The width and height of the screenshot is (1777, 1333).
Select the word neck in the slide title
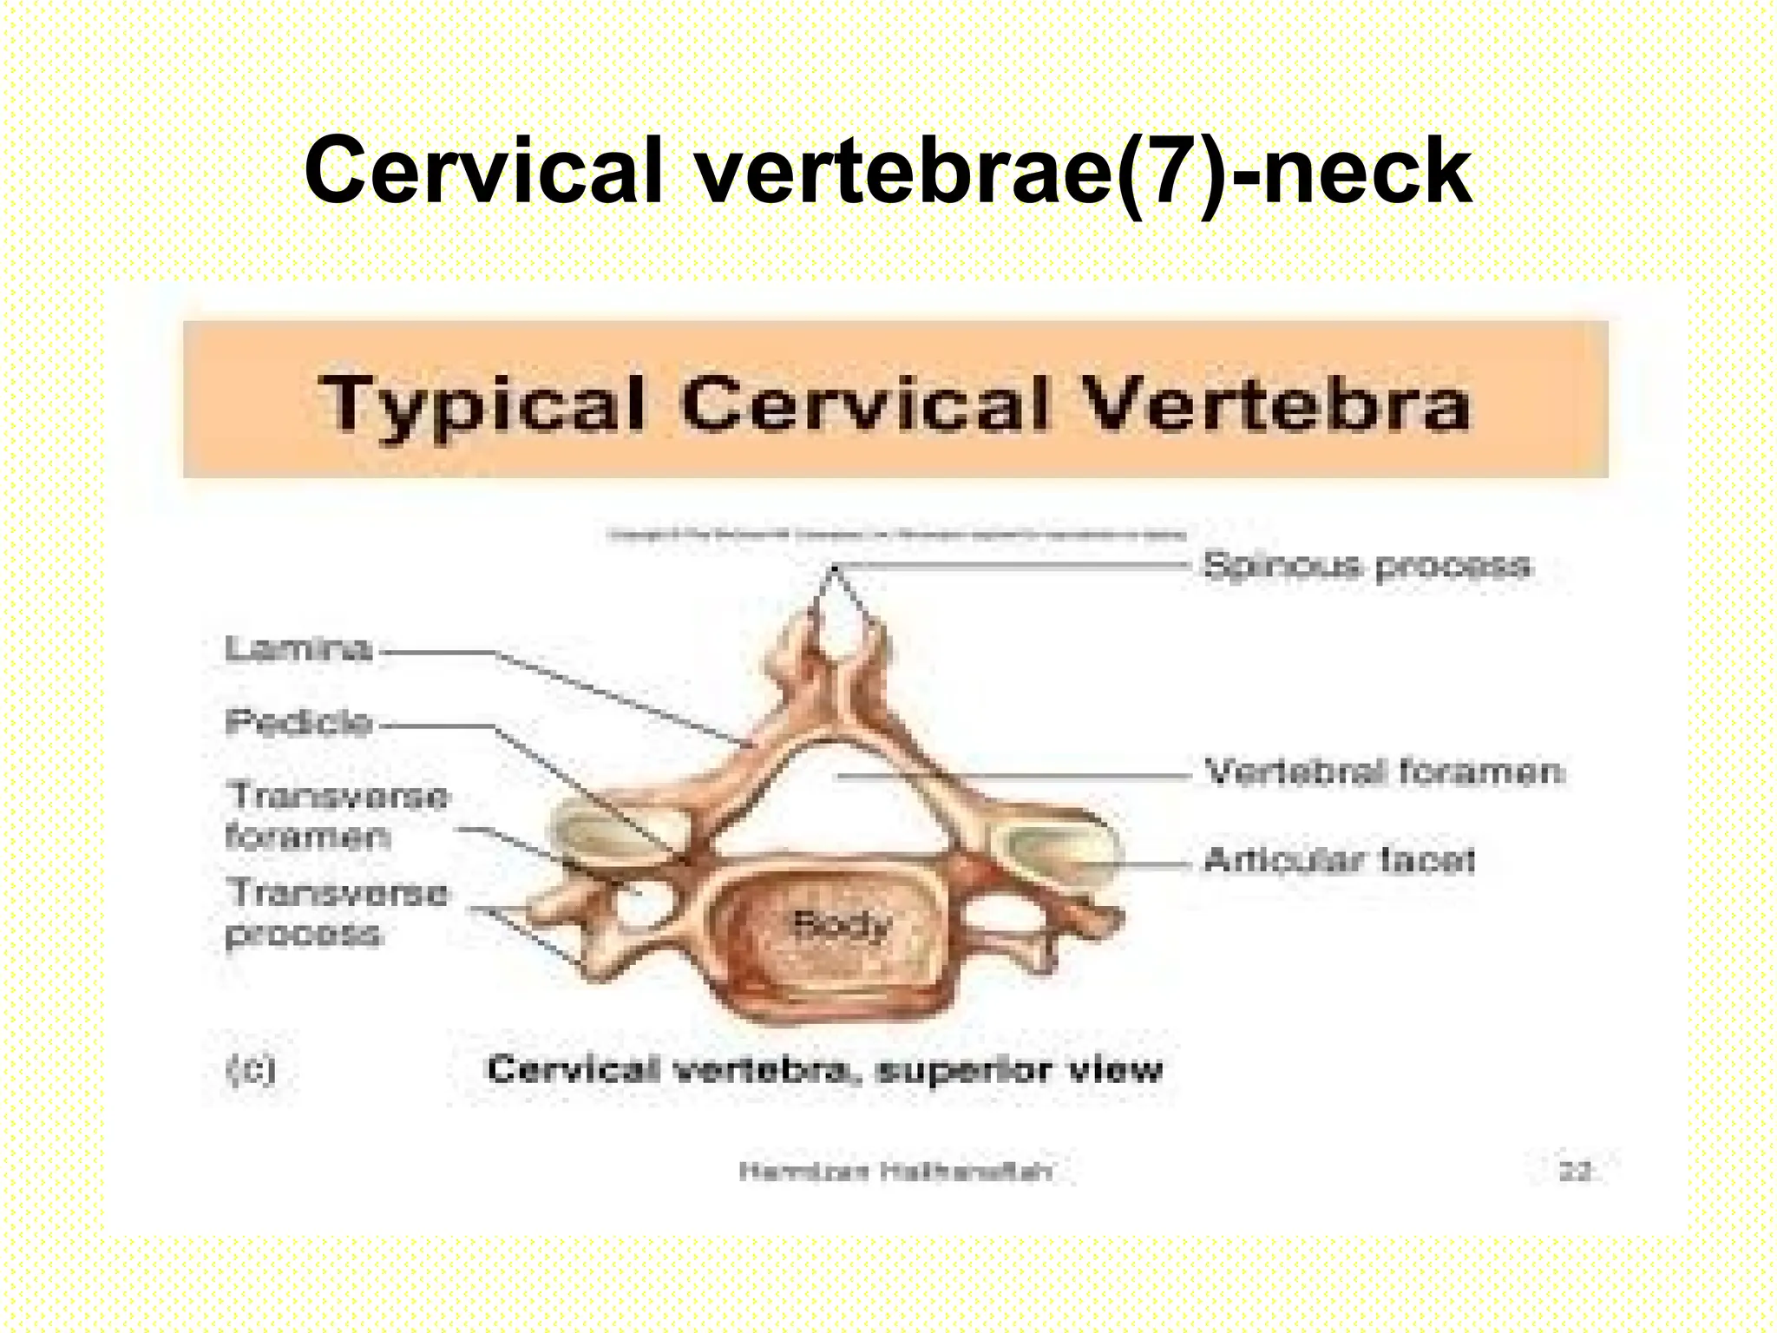pos(1367,171)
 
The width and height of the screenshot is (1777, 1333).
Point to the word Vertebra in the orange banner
pos(1275,404)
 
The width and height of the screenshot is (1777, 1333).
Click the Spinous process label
pos(1367,566)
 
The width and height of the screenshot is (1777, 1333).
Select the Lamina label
pos(298,648)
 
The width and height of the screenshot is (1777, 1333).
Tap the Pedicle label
pos(298,722)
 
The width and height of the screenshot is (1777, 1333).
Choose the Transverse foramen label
pos(337,816)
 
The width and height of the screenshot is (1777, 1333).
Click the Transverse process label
pos(337,913)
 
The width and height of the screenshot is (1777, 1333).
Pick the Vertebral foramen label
pos(1385,772)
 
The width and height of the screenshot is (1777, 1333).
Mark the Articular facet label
pos(1340,860)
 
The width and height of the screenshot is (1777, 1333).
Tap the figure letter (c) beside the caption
pos(251,1069)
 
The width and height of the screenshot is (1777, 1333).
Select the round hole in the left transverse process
pos(643,904)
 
